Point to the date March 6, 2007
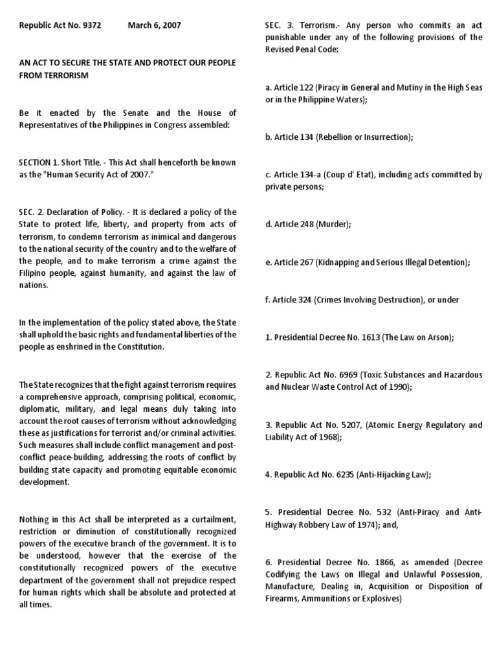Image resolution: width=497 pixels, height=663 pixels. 154,26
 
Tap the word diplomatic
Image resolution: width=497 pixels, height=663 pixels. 39,409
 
